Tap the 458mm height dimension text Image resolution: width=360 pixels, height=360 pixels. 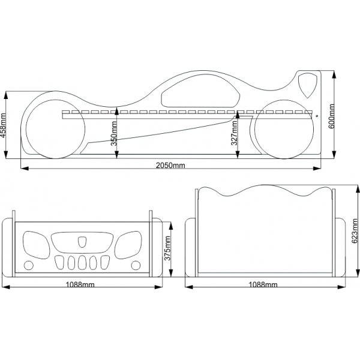tap(5, 126)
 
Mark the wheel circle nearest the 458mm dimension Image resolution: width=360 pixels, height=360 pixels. tap(52, 127)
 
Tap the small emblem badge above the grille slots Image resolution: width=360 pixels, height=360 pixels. tap(81, 242)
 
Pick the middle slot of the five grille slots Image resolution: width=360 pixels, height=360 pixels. tap(81, 263)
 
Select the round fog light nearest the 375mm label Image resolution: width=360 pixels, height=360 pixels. tap(135, 265)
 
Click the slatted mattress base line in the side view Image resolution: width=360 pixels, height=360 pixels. tap(180, 112)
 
